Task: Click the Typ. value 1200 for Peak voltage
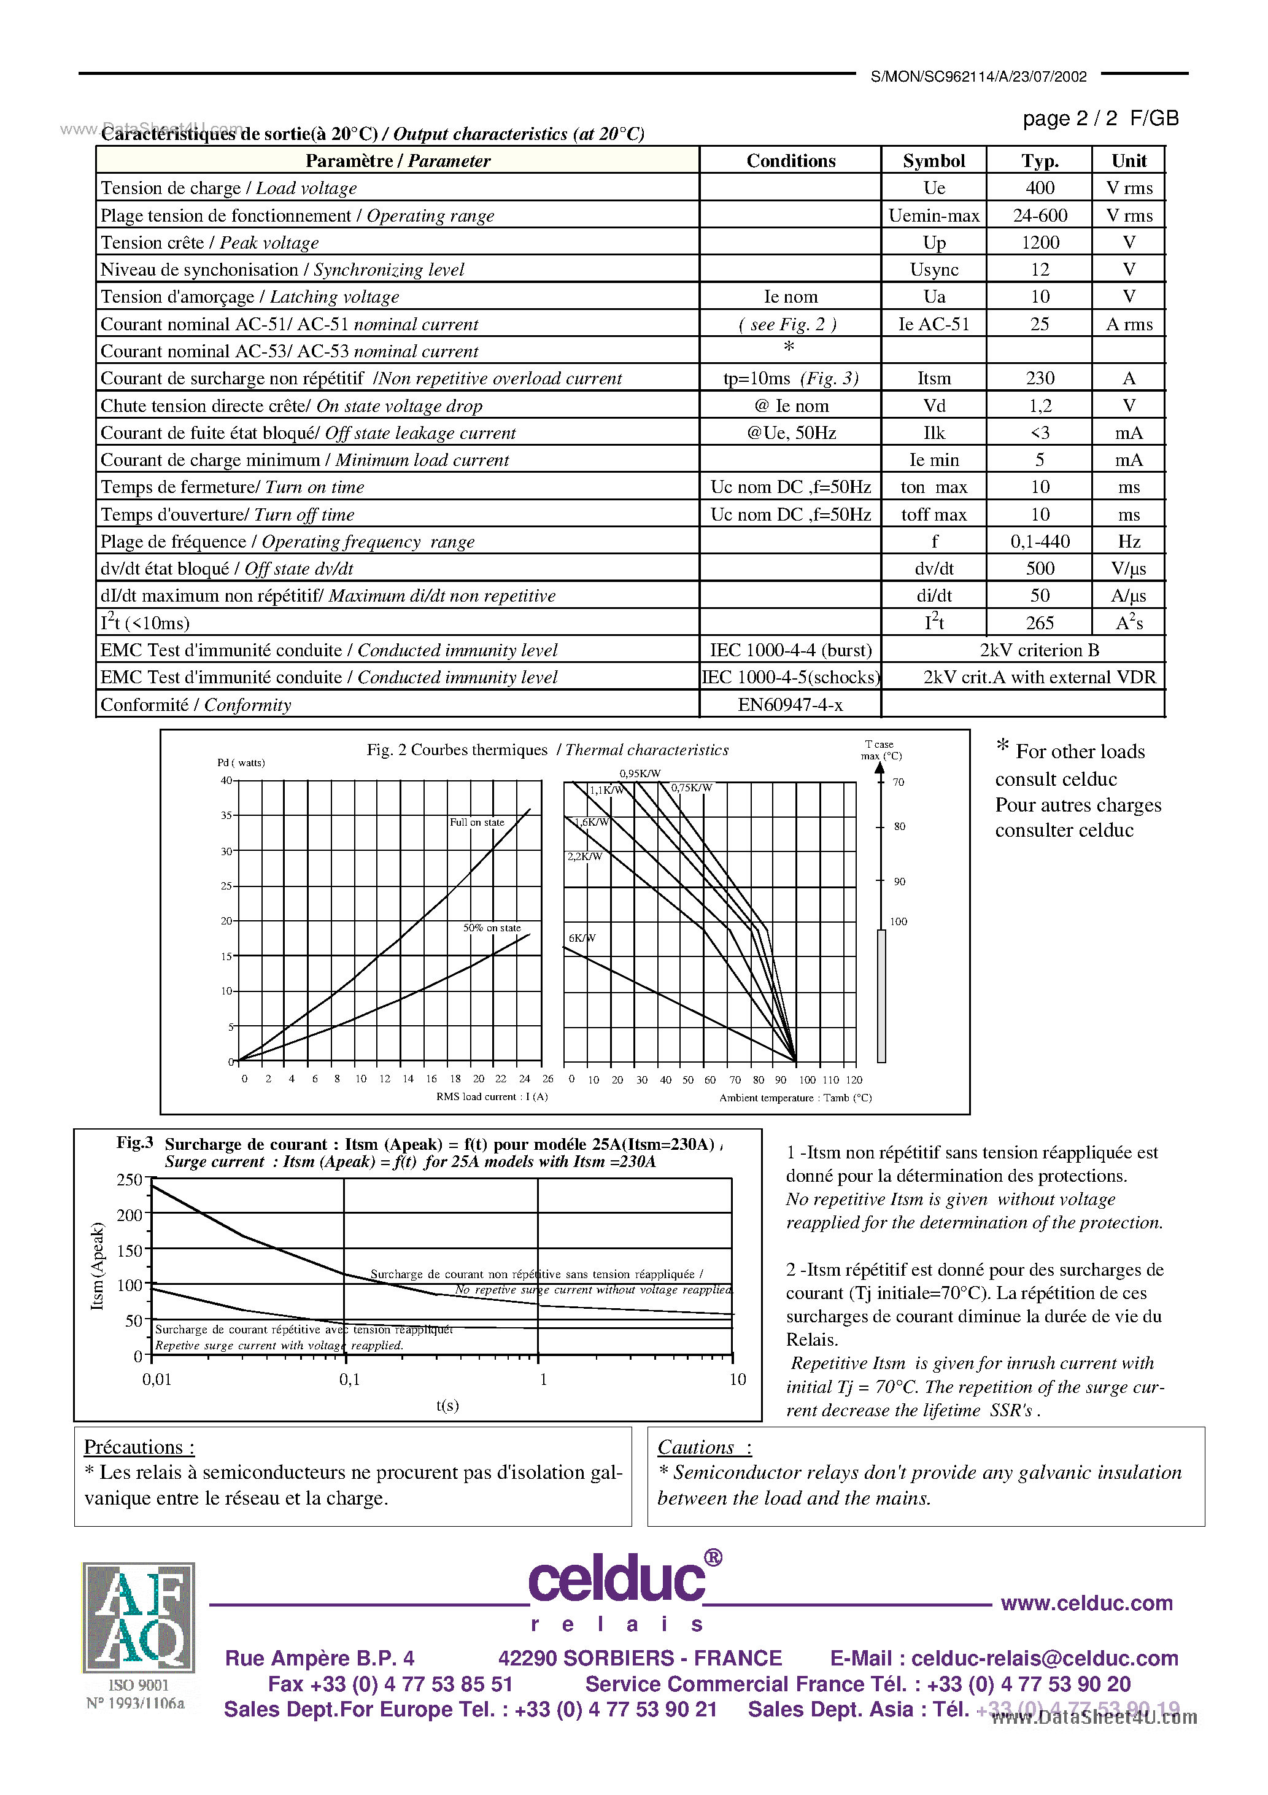1039,242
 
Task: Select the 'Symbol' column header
934,161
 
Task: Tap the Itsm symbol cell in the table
934,378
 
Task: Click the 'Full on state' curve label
477,823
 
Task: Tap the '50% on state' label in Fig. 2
492,928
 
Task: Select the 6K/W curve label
582,938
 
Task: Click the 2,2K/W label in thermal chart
585,857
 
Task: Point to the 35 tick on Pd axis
226,815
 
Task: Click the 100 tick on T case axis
899,921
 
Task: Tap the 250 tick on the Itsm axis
130,1180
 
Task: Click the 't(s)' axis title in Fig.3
447,1406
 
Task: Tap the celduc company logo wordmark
617,1581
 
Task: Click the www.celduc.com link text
1086,1603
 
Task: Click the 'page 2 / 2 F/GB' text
1100,118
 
